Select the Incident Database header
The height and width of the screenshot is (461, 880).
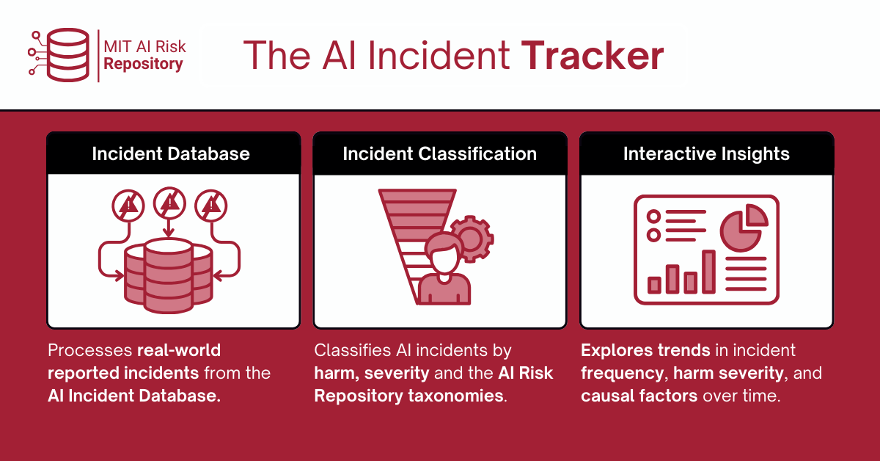pyautogui.click(x=171, y=154)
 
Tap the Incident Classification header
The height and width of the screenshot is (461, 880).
pyautogui.click(x=439, y=154)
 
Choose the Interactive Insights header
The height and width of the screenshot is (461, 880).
pyautogui.click(x=706, y=154)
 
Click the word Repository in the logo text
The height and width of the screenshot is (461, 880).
pyautogui.click(x=143, y=64)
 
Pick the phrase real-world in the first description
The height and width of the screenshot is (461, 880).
pyautogui.click(x=179, y=350)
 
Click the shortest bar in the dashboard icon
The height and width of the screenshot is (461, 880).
pyautogui.click(x=654, y=285)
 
